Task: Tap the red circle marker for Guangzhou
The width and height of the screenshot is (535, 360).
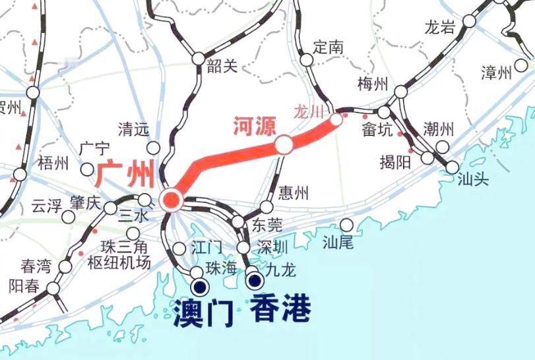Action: (x=171, y=199)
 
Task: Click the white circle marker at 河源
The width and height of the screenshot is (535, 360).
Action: (x=284, y=144)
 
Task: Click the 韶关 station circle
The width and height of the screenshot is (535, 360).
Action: (x=199, y=59)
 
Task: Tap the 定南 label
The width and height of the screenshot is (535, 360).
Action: (x=329, y=47)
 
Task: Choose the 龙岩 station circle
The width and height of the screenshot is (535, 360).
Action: (x=469, y=21)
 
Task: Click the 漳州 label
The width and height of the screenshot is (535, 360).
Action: (x=497, y=73)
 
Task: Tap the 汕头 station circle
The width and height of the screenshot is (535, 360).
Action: (x=452, y=167)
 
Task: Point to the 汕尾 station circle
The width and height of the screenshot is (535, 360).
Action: (x=346, y=225)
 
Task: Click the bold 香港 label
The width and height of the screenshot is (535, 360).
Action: (x=280, y=309)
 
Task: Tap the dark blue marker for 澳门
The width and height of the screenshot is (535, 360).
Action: (x=199, y=287)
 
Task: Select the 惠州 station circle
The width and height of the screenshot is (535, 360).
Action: (x=267, y=207)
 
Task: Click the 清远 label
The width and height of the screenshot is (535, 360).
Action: (x=133, y=129)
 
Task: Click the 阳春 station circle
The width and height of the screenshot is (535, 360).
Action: (x=52, y=288)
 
